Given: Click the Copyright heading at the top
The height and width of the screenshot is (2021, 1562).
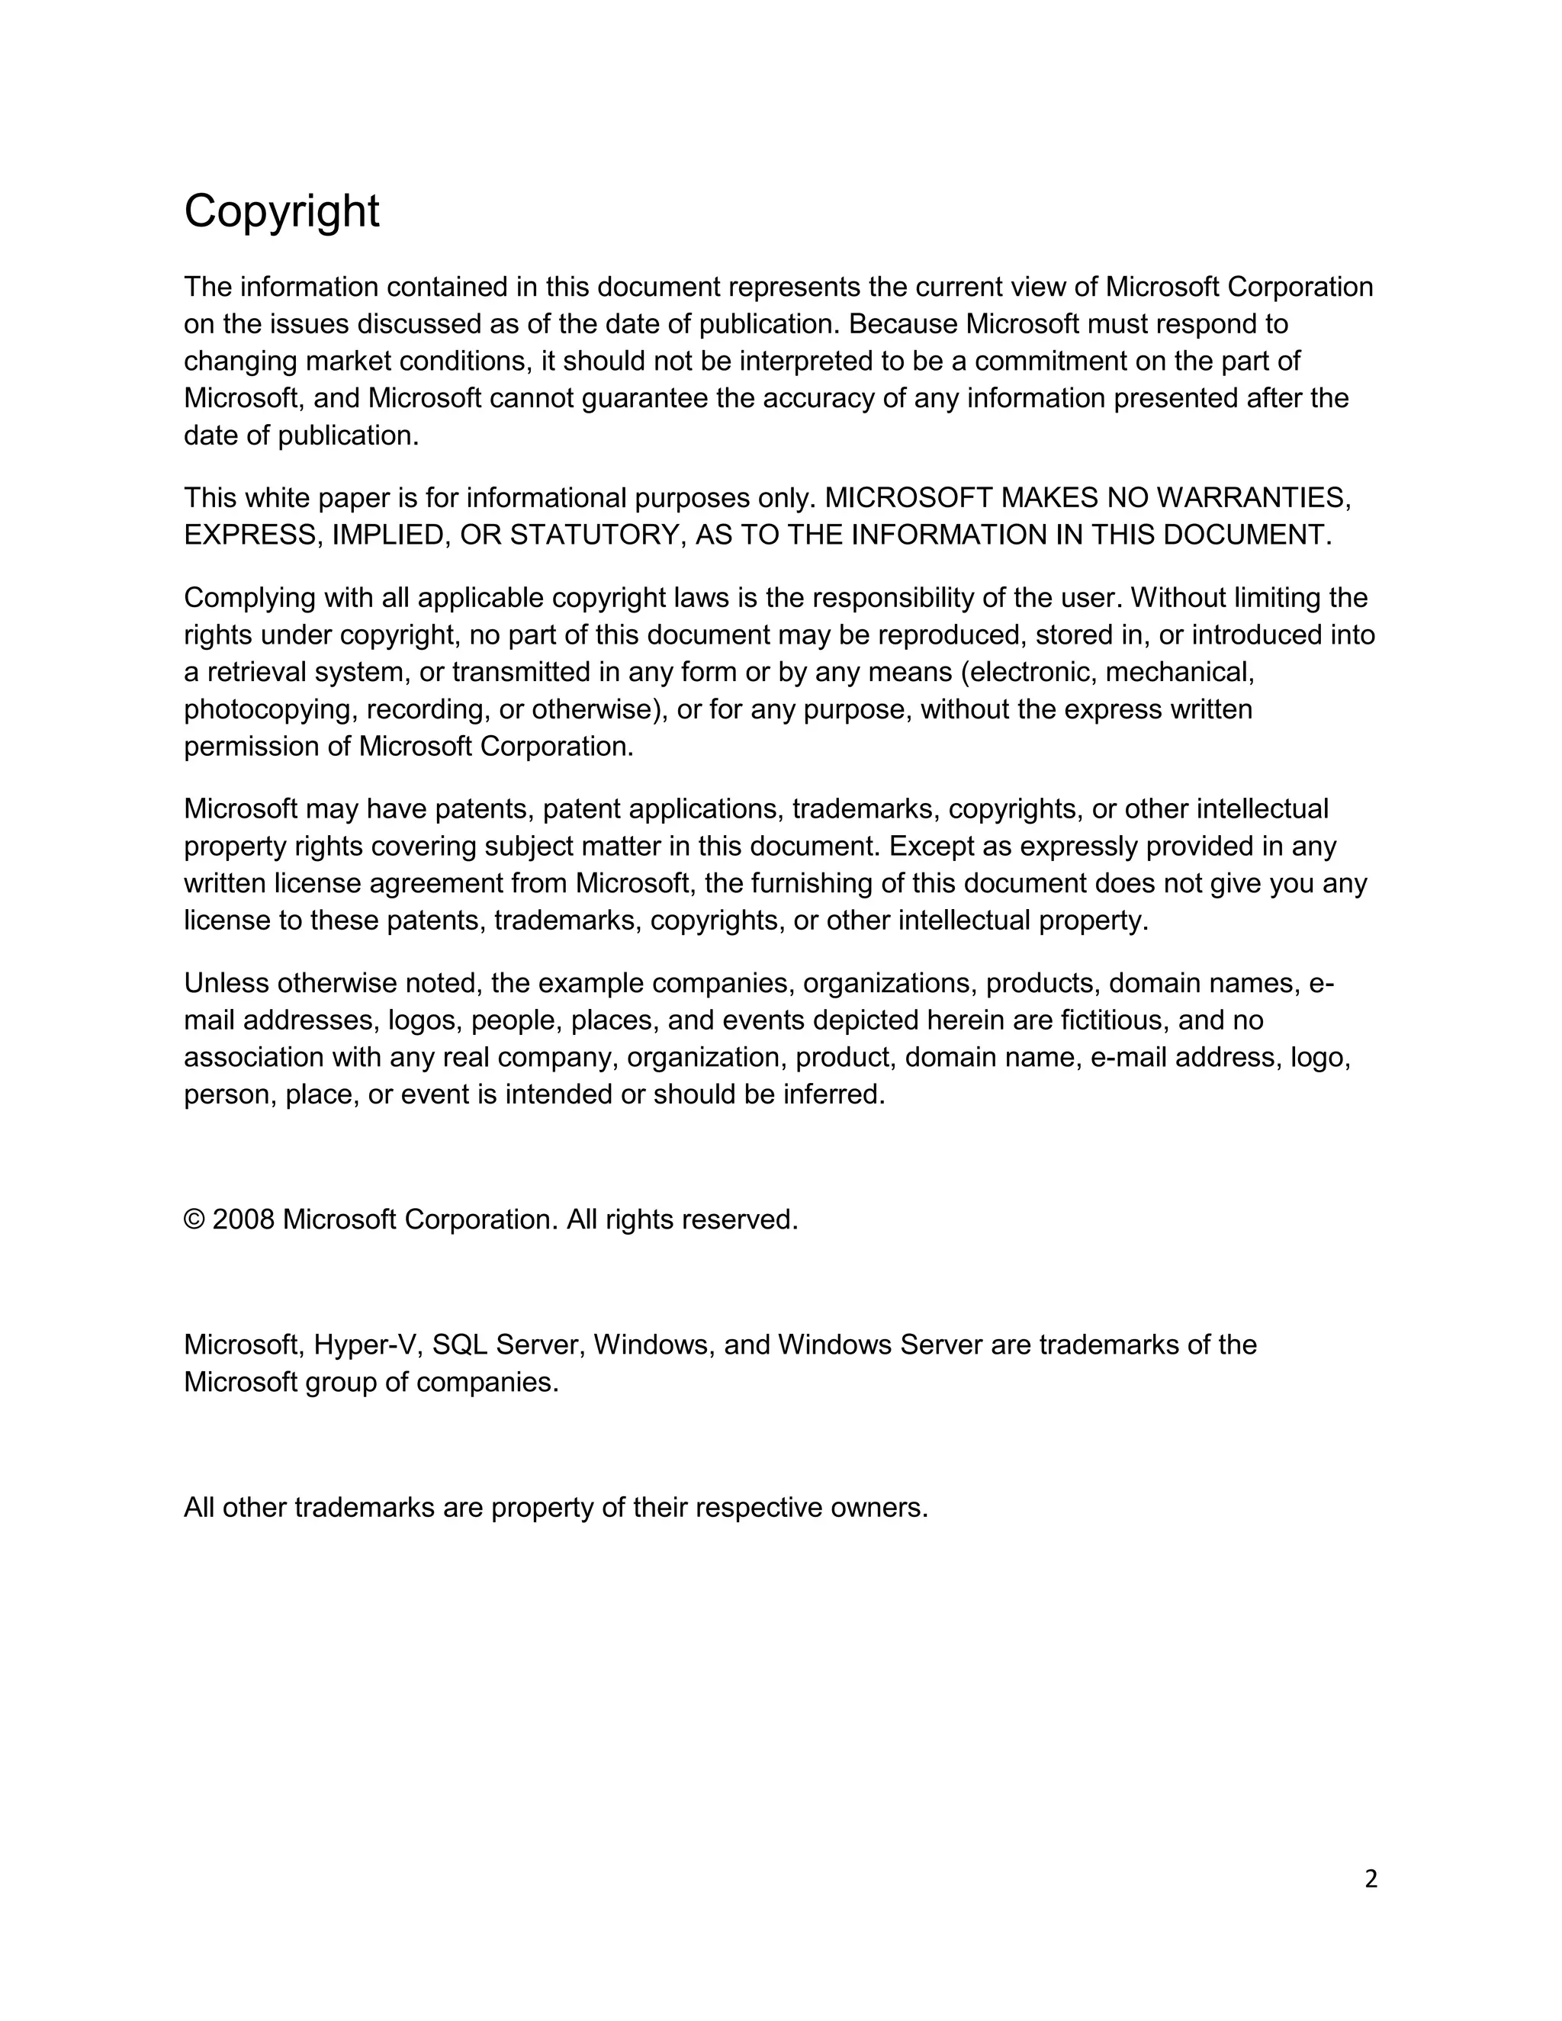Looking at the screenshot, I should (x=281, y=212).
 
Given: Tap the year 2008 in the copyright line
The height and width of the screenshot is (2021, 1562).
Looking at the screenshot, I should (x=243, y=1219).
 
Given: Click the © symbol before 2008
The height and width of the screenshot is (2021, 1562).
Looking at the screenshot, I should (x=194, y=1219).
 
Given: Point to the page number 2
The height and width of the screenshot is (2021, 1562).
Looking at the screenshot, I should (x=1371, y=1878).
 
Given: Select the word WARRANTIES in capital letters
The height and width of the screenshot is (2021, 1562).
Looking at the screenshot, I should (x=1253, y=498).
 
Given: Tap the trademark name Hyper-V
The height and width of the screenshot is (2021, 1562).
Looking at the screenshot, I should (x=368, y=1345).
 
